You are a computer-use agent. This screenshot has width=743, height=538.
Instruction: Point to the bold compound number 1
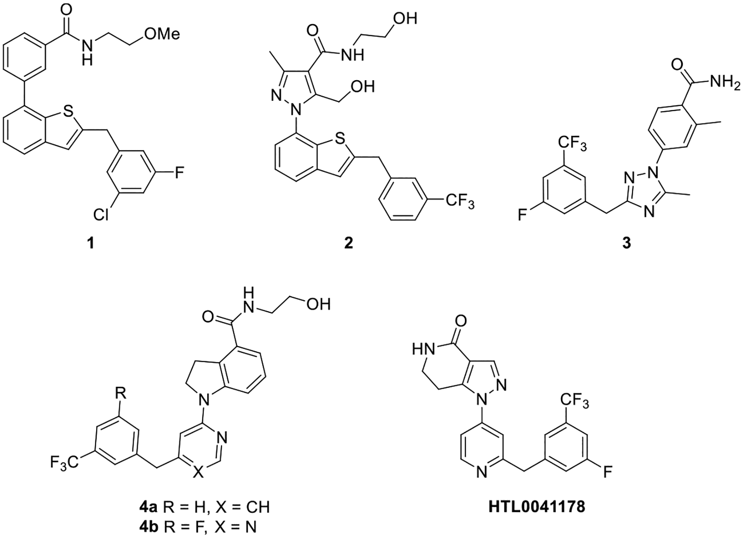point(90,244)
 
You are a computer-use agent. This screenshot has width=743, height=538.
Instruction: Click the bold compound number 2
point(349,244)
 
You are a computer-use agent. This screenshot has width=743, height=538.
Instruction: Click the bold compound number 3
point(627,244)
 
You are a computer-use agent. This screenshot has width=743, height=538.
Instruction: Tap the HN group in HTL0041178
point(423,350)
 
